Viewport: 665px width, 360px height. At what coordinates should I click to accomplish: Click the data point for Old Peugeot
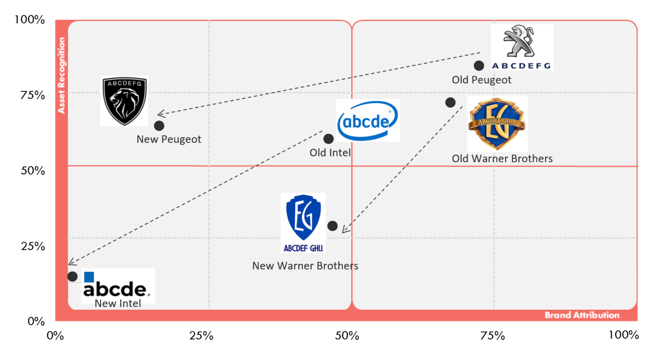479,66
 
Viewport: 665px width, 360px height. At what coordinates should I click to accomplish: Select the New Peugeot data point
159,126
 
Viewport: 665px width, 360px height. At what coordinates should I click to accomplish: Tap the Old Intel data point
329,139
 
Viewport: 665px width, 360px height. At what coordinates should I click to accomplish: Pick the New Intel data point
72,276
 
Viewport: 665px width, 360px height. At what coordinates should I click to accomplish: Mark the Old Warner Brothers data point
450,103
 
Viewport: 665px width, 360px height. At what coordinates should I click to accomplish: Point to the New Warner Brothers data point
332,226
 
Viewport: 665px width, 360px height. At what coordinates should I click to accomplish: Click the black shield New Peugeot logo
125,101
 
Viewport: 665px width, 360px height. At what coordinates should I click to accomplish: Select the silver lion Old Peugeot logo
520,42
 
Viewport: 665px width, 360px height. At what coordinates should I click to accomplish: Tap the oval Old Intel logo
368,121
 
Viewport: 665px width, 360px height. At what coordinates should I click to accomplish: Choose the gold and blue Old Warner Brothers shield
497,124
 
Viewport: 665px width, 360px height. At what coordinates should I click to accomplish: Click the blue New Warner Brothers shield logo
303,218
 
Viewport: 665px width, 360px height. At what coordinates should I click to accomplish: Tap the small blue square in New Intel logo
89,277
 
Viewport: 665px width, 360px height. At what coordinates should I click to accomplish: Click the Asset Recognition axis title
61,75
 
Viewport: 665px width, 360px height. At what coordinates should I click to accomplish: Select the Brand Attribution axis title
582,315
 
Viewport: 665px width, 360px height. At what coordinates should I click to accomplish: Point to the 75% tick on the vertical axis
33,95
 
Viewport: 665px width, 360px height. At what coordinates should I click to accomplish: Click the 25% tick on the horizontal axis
201,336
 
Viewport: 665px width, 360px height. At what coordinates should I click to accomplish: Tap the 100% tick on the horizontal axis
623,335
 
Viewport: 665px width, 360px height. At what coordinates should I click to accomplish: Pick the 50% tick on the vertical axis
33,170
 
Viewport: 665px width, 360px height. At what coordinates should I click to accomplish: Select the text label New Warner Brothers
305,266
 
